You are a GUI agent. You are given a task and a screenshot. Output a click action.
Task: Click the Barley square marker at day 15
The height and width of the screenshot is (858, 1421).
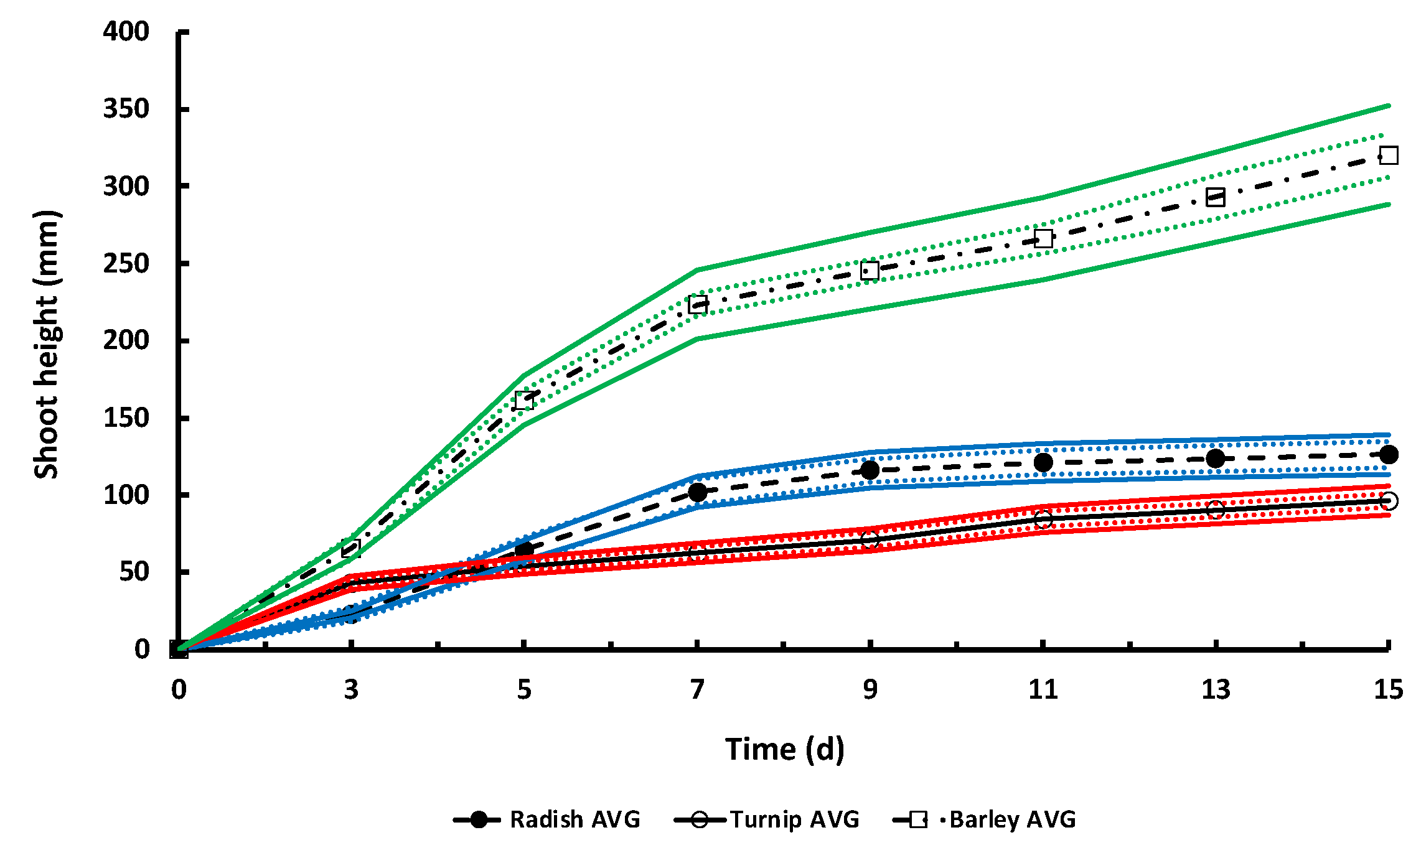[x=1389, y=155]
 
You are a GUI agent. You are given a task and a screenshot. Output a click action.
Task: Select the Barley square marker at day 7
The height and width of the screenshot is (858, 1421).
[x=698, y=305]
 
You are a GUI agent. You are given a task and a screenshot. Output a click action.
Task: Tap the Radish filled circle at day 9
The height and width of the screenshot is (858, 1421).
[x=870, y=470]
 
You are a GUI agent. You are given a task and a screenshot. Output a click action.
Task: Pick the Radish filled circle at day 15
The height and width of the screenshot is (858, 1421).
[x=1389, y=454]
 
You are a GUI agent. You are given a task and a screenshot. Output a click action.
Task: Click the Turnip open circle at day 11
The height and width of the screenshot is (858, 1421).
[x=1043, y=519]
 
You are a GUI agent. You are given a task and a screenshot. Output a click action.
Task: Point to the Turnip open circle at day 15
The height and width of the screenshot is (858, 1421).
[x=1389, y=501]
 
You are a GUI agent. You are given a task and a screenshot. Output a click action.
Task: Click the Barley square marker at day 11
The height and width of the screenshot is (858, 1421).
[x=1043, y=238]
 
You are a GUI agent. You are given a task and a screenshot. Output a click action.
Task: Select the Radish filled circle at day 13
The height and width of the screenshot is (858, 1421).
[x=1215, y=459]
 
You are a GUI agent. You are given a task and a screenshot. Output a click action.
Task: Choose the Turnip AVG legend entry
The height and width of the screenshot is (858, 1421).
[x=767, y=819]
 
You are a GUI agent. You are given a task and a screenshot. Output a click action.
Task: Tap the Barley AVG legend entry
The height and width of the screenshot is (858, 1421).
[x=985, y=819]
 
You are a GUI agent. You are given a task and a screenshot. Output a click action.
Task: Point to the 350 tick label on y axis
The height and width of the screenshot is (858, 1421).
[x=126, y=109]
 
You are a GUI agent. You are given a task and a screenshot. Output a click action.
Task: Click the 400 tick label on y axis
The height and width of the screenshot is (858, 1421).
[x=126, y=31]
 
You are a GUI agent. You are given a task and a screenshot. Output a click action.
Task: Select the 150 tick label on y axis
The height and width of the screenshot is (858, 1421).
[x=126, y=417]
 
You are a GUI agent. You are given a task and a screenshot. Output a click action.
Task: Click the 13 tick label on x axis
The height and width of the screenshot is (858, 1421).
[x=1215, y=689]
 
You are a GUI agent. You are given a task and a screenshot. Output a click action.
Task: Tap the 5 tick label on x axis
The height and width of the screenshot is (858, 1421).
[x=524, y=689]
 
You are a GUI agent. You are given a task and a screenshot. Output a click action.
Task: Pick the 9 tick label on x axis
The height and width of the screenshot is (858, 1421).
[x=870, y=689]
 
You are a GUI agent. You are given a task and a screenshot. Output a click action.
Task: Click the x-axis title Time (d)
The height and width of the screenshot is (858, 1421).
[x=784, y=748]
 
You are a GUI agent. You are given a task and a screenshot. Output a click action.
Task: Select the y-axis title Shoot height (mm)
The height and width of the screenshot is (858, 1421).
[x=47, y=344]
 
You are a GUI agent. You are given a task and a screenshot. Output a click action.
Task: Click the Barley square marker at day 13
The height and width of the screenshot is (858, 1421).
[x=1215, y=197]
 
